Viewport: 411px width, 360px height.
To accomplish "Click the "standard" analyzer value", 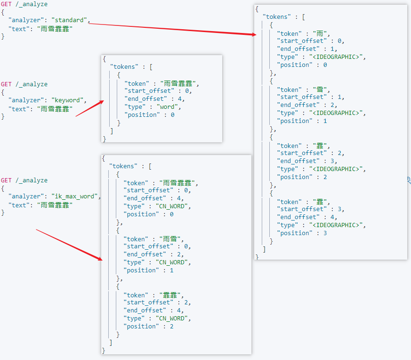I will tap(70, 20).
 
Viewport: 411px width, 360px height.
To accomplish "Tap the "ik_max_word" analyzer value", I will tap(76, 196).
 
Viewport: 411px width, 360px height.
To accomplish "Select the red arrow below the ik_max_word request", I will tap(69, 245).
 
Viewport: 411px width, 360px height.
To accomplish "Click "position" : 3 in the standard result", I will tap(302, 233).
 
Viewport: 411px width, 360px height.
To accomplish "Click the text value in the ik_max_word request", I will tap(56, 205).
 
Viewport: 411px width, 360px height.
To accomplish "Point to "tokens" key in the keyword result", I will tap(124, 67).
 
